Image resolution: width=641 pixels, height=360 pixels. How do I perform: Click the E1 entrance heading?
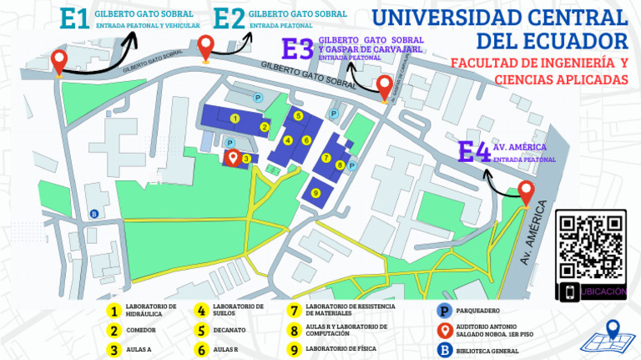[x=74, y=19]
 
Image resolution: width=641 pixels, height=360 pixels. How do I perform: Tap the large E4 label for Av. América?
[x=474, y=152]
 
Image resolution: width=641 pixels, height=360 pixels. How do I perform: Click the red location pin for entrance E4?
[x=526, y=191]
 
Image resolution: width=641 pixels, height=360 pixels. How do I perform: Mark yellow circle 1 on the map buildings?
[x=235, y=119]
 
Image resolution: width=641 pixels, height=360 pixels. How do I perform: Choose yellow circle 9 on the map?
[x=315, y=193]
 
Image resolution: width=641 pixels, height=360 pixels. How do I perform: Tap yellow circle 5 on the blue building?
[x=297, y=116]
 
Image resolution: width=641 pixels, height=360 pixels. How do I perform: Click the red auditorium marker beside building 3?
[x=235, y=156]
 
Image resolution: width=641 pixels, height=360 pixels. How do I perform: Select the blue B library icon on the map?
[x=93, y=213]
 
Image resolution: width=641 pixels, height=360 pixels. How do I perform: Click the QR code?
[x=591, y=245]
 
